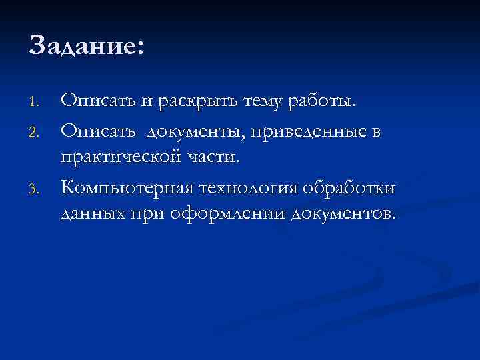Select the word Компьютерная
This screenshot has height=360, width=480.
pos(125,189)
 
